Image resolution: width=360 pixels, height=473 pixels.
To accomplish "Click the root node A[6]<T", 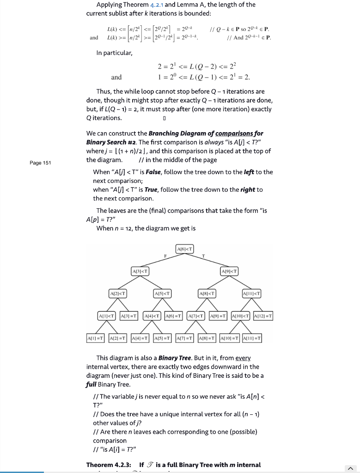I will [185, 250].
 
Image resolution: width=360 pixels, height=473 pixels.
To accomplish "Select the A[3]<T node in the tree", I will [140, 271].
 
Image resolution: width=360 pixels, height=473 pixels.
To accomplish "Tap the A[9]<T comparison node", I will [229, 271].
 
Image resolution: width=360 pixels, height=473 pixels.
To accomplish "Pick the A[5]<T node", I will [162, 293].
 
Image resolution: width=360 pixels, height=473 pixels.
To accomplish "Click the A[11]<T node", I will [251, 293].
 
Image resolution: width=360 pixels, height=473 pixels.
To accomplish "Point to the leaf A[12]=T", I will [263, 315].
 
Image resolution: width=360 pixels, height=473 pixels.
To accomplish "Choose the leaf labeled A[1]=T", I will [95, 338].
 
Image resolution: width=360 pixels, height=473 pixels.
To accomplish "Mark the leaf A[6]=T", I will [174, 315].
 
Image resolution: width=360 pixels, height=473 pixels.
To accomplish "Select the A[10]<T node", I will [240, 315].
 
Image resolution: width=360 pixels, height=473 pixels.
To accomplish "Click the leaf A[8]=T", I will [207, 338].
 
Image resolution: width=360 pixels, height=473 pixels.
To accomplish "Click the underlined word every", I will [243, 358].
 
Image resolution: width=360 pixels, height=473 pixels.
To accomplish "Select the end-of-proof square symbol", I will [158, 118].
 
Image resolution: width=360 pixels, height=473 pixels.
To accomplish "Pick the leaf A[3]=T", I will [129, 315].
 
